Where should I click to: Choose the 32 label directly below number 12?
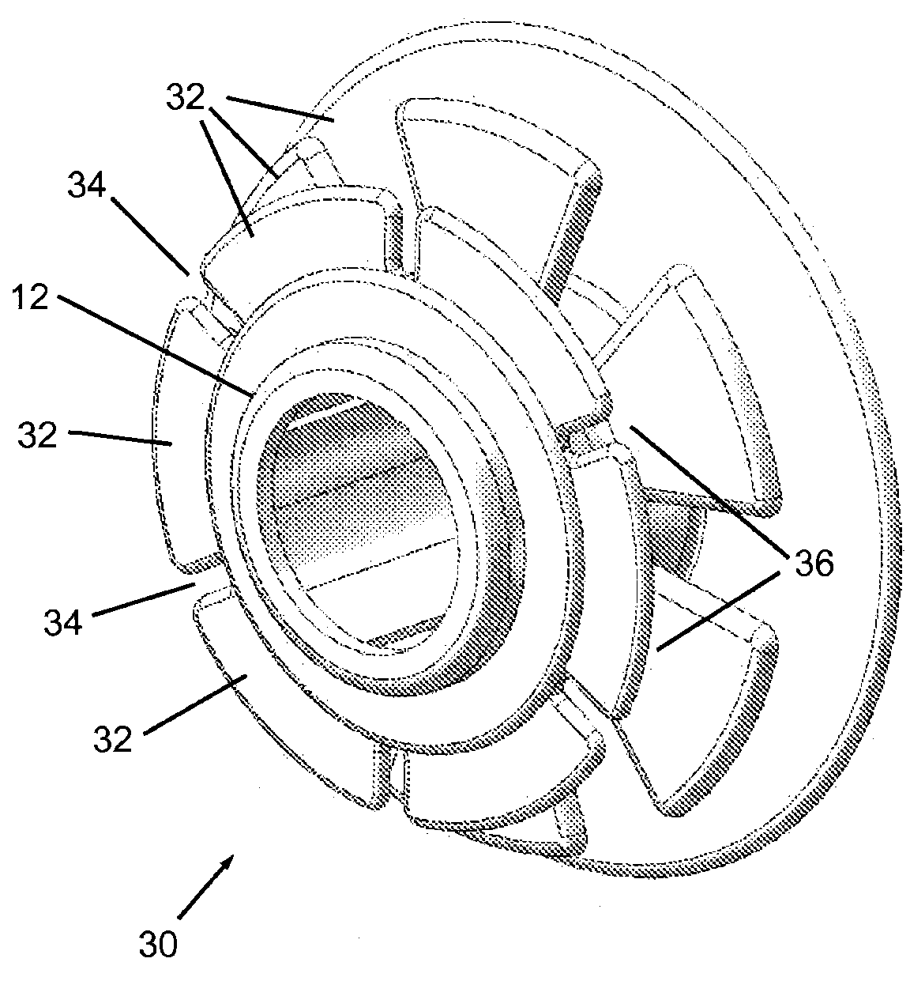(38, 435)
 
